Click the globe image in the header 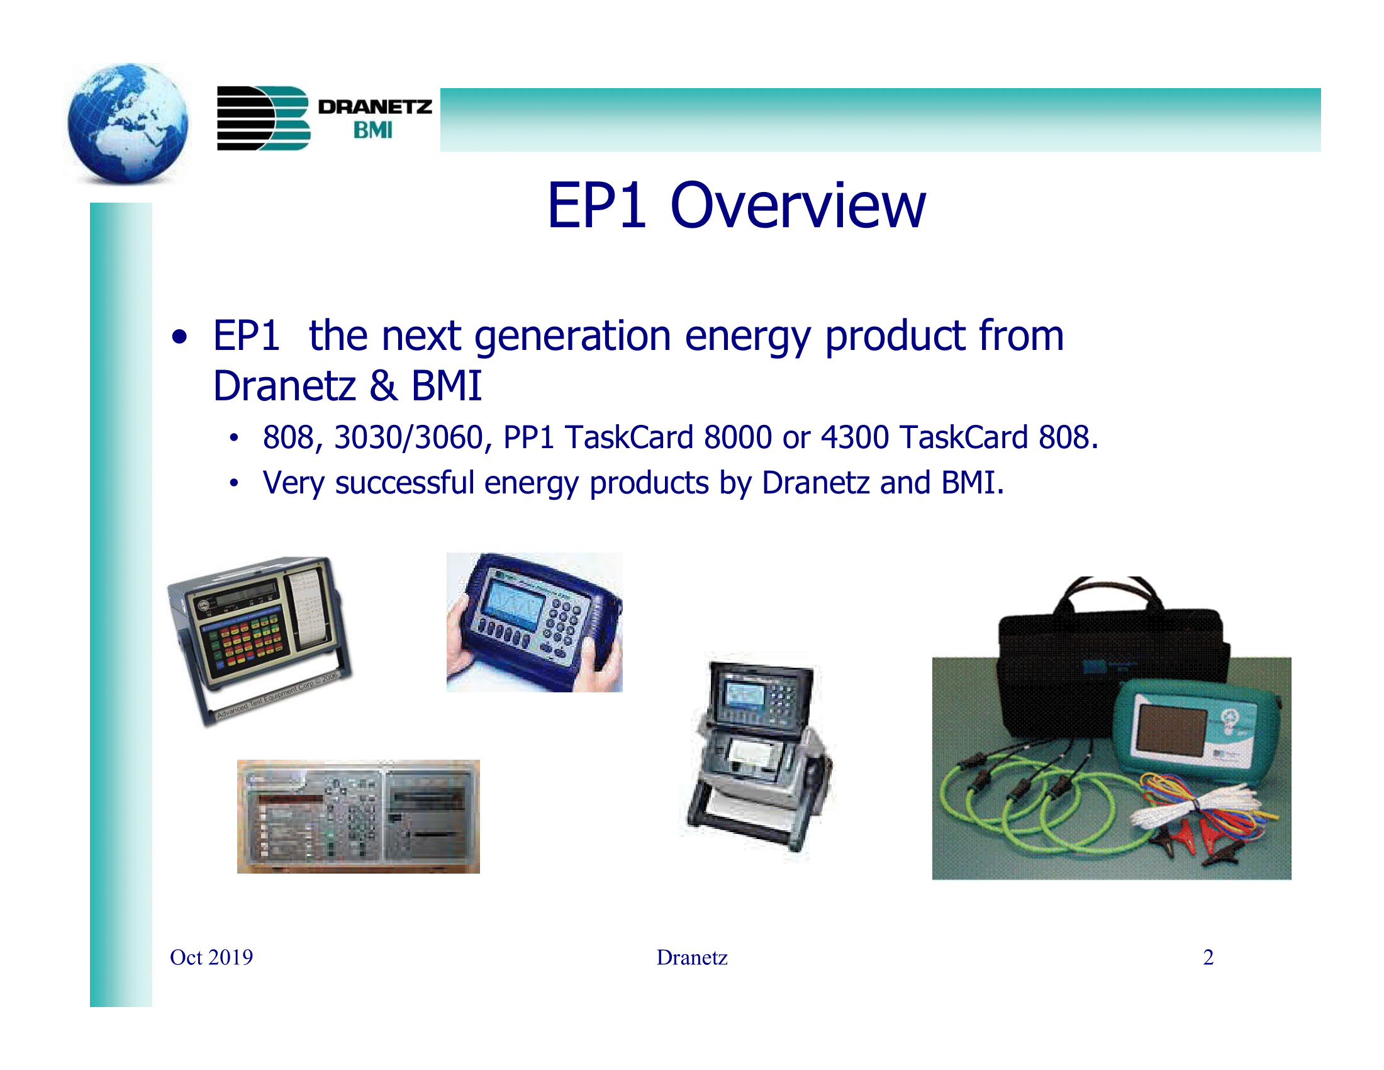pos(127,123)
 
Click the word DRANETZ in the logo pos(374,106)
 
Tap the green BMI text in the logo pos(372,130)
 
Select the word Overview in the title pos(798,206)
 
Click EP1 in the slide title pos(597,206)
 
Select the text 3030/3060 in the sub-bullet pos(409,437)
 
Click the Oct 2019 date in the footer pos(211,957)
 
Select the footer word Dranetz pos(691,957)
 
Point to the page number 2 pos(1208,957)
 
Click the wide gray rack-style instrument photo pos(358,816)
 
